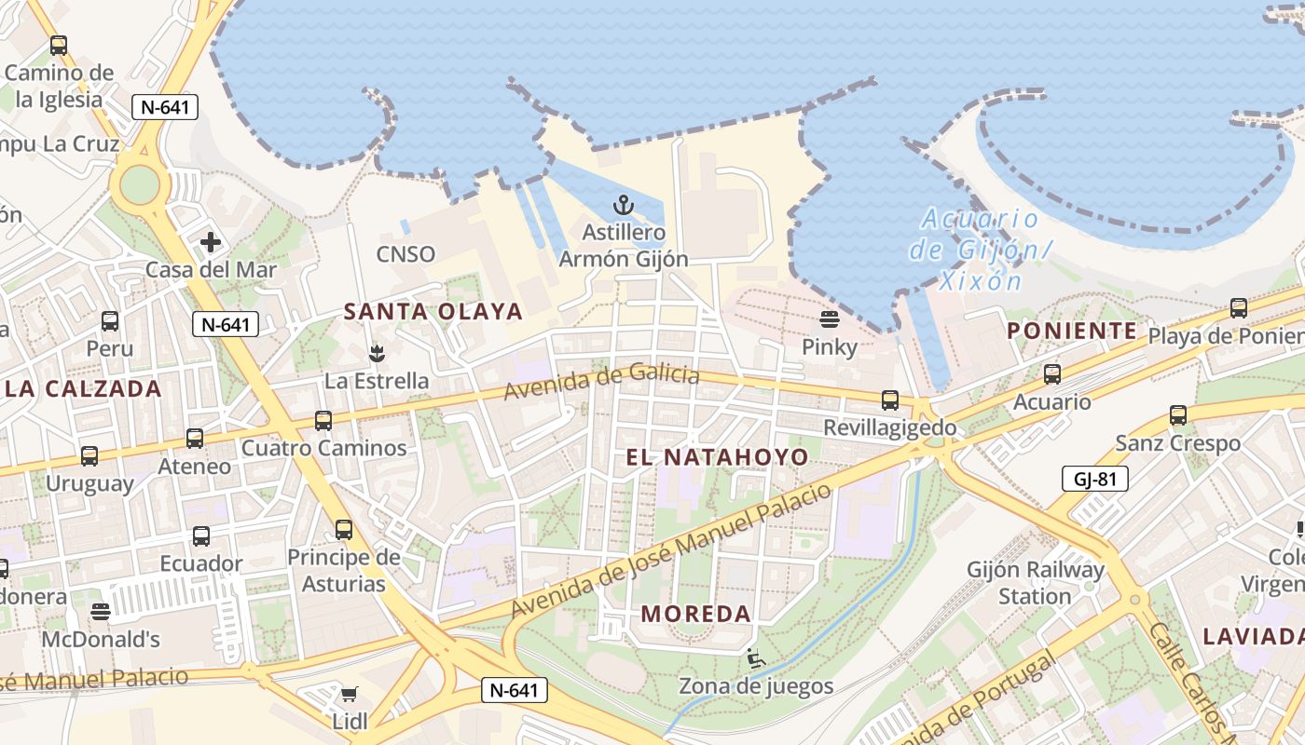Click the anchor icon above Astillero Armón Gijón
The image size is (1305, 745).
pyautogui.click(x=624, y=204)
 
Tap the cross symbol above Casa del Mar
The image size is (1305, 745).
pyautogui.click(x=211, y=242)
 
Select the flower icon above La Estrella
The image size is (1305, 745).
pyautogui.click(x=377, y=353)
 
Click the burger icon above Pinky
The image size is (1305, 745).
pyautogui.click(x=830, y=319)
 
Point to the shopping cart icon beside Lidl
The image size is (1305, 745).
pyautogui.click(x=350, y=694)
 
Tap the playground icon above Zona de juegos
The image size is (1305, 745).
pyautogui.click(x=755, y=658)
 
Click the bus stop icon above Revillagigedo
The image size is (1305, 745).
pyautogui.click(x=890, y=400)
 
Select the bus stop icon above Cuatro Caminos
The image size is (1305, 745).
pyautogui.click(x=323, y=420)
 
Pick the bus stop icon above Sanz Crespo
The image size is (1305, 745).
pyautogui.click(x=1178, y=415)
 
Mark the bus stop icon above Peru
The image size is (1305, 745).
pyautogui.click(x=110, y=321)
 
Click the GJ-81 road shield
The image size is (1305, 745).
pyautogui.click(x=1095, y=480)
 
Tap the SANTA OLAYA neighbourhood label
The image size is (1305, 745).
pyautogui.click(x=433, y=312)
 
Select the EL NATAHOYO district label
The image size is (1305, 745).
pyautogui.click(x=717, y=457)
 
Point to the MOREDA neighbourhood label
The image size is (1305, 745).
pyautogui.click(x=697, y=614)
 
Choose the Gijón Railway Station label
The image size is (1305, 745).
pyautogui.click(x=1035, y=582)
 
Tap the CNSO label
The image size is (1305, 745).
pyautogui.click(x=405, y=254)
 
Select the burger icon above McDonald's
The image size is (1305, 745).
pyautogui.click(x=101, y=612)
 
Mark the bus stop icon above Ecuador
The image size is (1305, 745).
pyautogui.click(x=201, y=536)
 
